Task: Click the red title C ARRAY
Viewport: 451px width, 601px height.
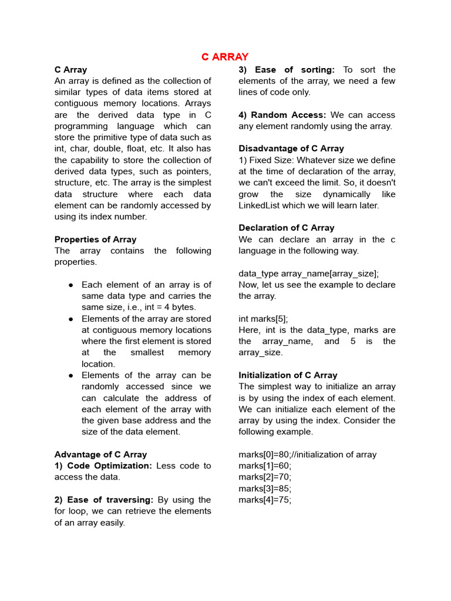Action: coord(225,57)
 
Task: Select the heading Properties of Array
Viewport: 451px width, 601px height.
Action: coord(95,239)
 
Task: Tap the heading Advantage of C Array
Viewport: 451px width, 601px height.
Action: coord(100,454)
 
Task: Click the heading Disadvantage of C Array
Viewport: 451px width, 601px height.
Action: coord(291,148)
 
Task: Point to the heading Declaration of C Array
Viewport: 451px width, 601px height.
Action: coord(287,228)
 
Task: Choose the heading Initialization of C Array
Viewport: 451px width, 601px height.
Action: coord(288,375)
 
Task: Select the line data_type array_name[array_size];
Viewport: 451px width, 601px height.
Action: coord(308,274)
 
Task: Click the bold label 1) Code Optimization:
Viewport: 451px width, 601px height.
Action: coord(103,465)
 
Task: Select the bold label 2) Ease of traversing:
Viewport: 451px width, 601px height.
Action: coord(103,500)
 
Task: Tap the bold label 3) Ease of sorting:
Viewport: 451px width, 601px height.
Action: coord(287,69)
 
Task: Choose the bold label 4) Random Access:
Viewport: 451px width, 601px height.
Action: coord(282,115)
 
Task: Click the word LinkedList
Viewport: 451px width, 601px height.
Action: coord(262,205)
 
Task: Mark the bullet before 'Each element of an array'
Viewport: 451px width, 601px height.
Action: coord(70,285)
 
